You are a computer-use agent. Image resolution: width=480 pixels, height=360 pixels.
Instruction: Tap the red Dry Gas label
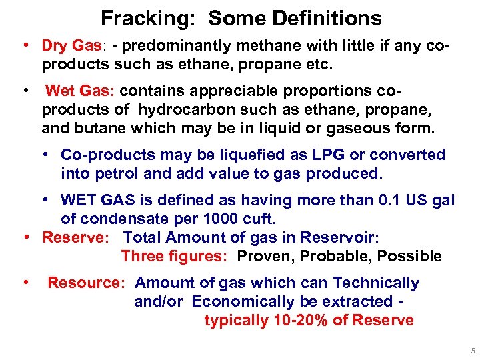coord(70,46)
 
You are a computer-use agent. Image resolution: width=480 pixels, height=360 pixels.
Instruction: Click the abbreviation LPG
coord(325,155)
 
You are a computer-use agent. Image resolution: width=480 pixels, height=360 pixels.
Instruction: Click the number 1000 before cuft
coord(217,219)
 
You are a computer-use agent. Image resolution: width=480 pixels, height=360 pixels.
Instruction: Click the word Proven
coord(263,257)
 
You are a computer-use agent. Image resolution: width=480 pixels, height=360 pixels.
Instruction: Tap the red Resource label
coord(85,283)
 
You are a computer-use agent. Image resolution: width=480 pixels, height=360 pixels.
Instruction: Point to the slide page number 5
coord(472,350)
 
